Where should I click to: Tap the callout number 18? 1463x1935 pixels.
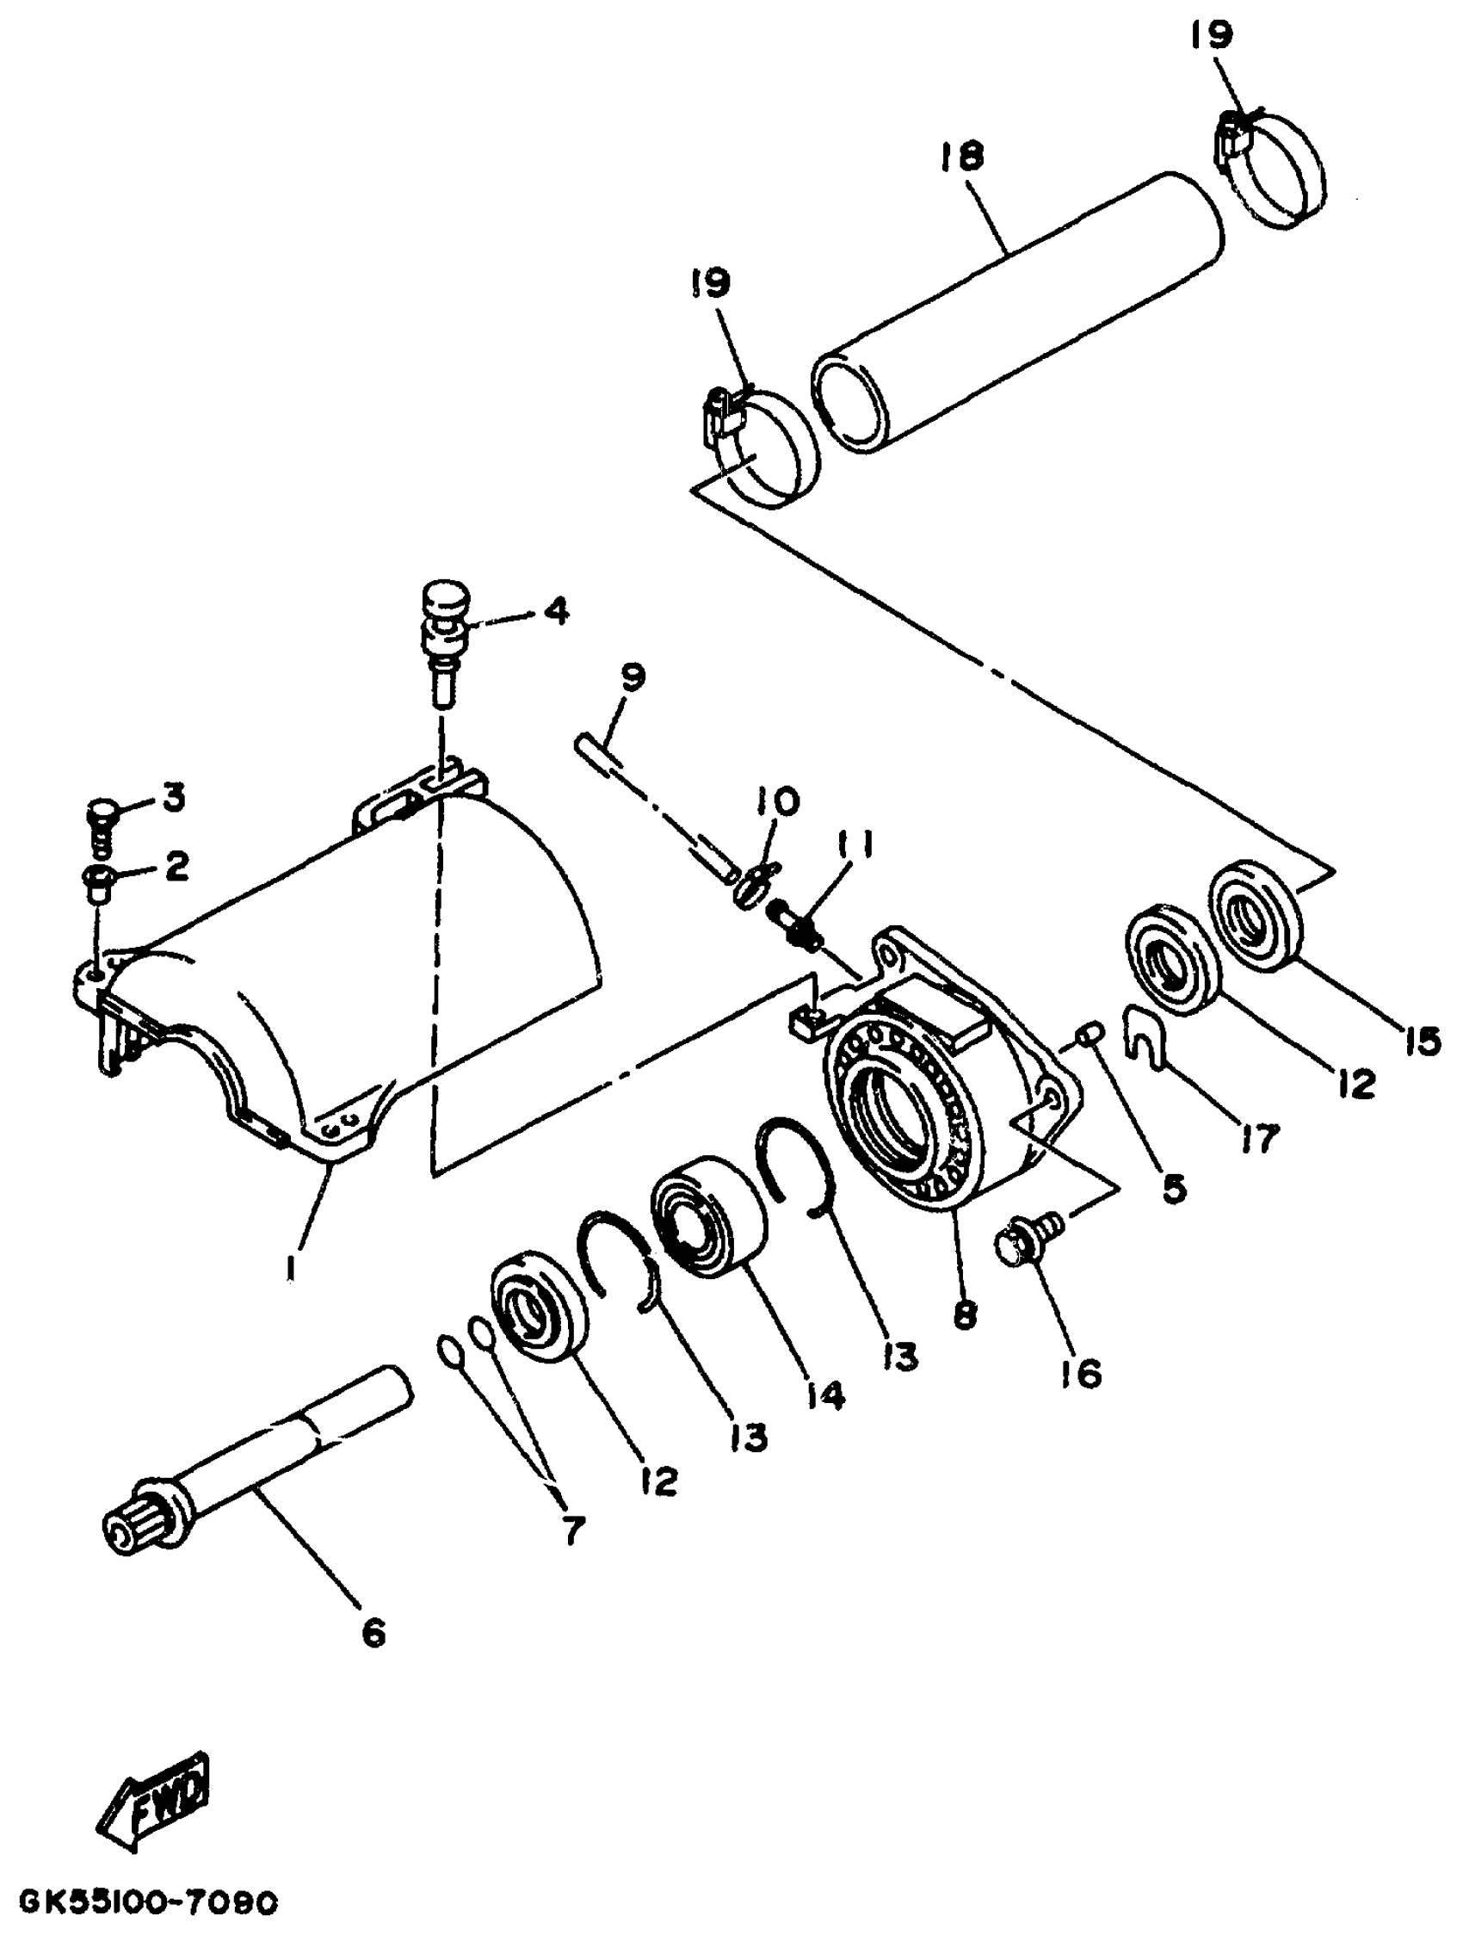[962, 158]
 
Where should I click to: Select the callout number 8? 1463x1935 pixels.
[965, 1314]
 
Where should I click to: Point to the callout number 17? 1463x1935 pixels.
[1260, 1138]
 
